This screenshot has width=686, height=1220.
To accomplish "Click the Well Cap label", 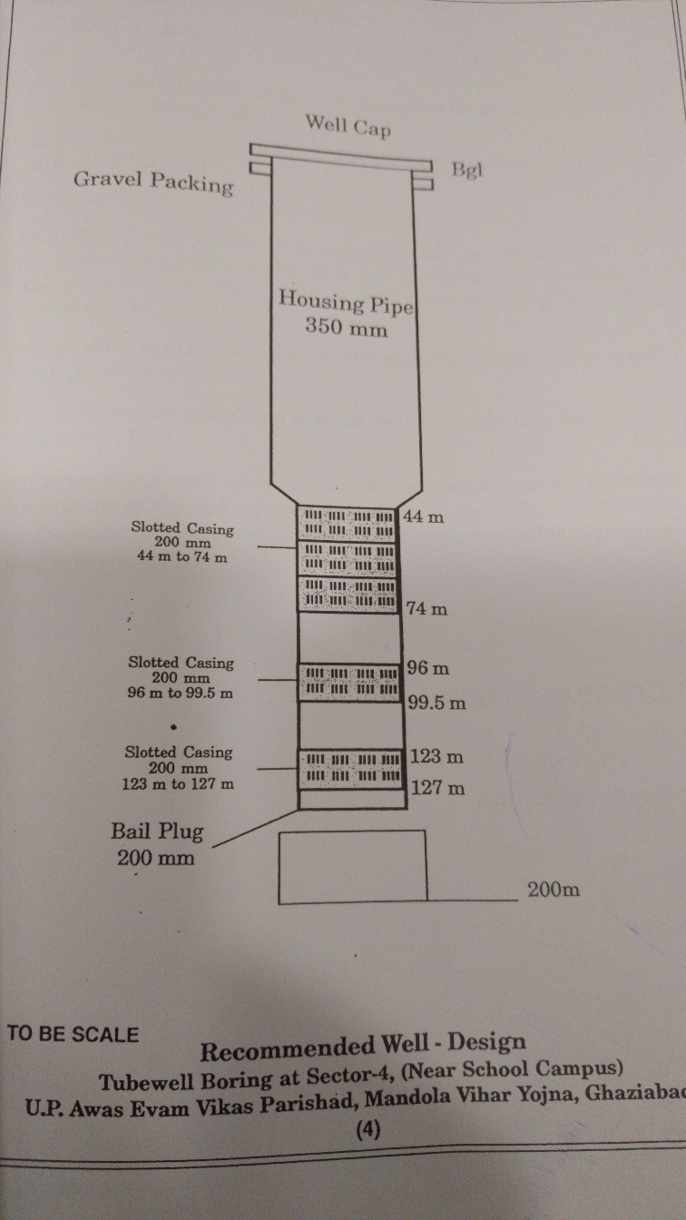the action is [x=348, y=126].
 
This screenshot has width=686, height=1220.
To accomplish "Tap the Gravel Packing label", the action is [x=154, y=182].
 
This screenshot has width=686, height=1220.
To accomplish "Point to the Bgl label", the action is [x=467, y=171].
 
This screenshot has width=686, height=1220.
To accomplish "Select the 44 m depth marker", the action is [x=424, y=517].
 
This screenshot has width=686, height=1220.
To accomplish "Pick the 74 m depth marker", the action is [x=426, y=608].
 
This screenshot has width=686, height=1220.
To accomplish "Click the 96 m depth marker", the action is [x=428, y=668].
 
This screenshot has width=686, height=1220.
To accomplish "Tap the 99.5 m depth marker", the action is [x=437, y=703].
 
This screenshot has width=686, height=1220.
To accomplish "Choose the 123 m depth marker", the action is [x=436, y=756].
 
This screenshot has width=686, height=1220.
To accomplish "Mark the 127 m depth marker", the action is [x=437, y=788].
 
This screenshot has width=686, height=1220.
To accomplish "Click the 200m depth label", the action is [x=554, y=890].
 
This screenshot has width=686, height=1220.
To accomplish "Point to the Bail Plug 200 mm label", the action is [x=157, y=845].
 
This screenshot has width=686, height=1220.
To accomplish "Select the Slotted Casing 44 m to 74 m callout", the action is [x=181, y=543].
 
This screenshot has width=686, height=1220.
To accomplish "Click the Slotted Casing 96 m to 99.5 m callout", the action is [x=181, y=678].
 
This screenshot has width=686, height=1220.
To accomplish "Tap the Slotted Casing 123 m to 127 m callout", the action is [x=179, y=768].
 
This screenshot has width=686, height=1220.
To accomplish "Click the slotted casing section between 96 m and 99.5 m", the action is [x=349, y=682].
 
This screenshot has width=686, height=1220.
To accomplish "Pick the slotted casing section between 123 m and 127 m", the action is [x=351, y=769].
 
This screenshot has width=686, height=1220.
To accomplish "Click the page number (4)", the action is [x=368, y=1130].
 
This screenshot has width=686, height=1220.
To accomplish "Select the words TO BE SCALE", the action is [x=73, y=1035].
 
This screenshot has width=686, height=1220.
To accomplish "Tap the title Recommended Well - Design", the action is [x=363, y=1047].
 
